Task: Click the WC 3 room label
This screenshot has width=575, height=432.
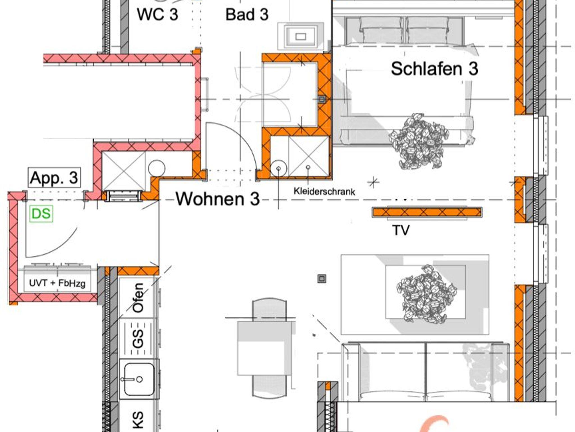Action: pos(158,14)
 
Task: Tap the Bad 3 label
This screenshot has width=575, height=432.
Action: pos(247,14)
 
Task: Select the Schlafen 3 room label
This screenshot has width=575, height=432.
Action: pos(435,69)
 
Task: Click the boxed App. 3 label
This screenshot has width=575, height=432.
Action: pos(54,178)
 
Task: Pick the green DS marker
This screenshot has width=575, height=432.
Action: pos(41,214)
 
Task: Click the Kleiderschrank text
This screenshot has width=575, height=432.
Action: pos(324,191)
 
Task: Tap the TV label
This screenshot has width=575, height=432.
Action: pos(401,230)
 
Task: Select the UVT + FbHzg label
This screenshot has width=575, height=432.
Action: pos(57,283)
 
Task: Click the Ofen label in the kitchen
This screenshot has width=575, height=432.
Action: pos(138,298)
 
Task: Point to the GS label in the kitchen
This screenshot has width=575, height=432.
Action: pos(138,338)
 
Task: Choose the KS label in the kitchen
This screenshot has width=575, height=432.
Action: pos(138,420)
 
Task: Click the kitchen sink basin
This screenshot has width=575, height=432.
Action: pos(139,379)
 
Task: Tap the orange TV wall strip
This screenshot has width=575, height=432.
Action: pos(427,212)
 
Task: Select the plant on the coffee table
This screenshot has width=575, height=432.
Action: pos(426,293)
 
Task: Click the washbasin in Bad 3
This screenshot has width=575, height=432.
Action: pos(300,37)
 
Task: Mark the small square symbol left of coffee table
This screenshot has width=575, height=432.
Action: pos(322,279)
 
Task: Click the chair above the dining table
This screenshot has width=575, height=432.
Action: pos(270,310)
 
